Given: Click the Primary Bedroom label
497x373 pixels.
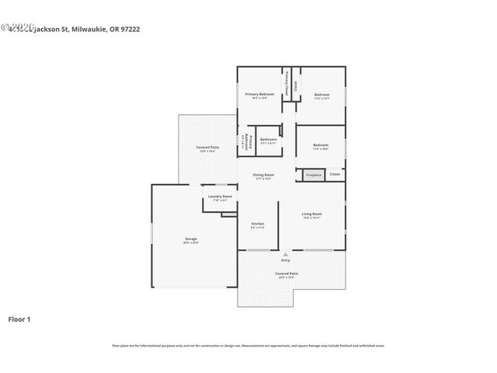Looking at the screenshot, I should [x=260, y=94].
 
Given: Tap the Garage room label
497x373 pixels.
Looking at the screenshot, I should [x=190, y=239].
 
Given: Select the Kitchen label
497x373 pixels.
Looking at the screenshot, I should [x=258, y=224].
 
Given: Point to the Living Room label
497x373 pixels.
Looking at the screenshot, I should [x=311, y=214].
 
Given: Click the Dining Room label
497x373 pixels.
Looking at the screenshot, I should [x=263, y=175].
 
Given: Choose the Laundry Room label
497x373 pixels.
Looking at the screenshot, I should [x=220, y=197].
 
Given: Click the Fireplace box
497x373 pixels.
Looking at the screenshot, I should [x=313, y=176].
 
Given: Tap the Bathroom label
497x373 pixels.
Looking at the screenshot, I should [x=268, y=140].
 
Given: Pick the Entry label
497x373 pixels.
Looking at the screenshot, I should [x=285, y=260].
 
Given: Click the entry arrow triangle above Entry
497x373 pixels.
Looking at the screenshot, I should [x=285, y=253].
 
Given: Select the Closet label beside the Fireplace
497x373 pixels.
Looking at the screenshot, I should [x=335, y=174].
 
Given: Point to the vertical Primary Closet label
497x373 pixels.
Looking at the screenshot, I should [x=287, y=84].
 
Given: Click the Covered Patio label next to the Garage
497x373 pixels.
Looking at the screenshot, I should [x=207, y=147].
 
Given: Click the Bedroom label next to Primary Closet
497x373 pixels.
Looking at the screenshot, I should [x=321, y=95].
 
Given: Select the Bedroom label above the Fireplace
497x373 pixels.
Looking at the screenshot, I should [x=321, y=145].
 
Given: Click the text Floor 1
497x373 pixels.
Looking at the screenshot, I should [x=19, y=319].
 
